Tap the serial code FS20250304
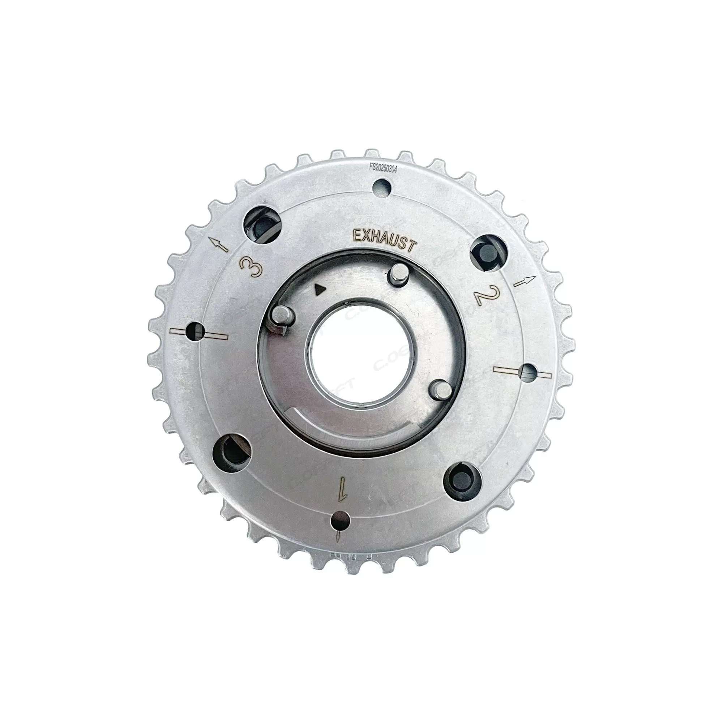pos(383,168)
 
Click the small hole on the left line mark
pos(197,330)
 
